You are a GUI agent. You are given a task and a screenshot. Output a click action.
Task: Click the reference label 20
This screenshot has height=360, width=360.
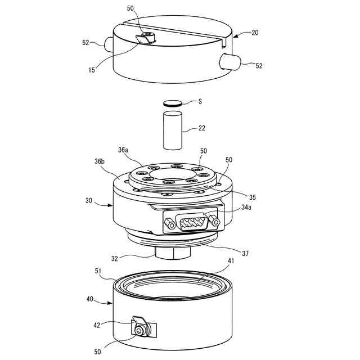click(255, 33)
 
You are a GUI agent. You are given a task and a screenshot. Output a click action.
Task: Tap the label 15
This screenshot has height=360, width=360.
click(92, 70)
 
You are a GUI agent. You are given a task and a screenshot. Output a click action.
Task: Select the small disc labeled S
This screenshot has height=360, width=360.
click(173, 103)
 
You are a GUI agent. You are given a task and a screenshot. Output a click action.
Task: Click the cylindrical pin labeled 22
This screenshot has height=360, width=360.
click(173, 130)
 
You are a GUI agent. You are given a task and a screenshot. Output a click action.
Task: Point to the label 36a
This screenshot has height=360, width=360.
click(123, 150)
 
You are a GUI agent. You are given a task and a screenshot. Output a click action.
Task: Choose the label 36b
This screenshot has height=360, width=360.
click(100, 161)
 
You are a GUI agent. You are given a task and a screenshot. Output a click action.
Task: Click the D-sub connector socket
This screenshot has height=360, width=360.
click(192, 221)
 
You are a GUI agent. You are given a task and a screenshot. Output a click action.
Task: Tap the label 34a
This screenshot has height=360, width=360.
click(246, 208)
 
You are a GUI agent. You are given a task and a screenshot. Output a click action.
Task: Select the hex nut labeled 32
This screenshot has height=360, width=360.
click(173, 253)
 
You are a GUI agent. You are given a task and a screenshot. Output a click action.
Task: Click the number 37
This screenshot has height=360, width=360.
click(245, 254)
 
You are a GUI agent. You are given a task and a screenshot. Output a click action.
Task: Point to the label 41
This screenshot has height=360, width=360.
click(231, 261)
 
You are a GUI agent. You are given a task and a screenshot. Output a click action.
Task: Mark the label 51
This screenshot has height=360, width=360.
click(98, 271)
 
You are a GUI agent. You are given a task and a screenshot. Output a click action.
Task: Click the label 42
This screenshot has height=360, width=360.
click(97, 325)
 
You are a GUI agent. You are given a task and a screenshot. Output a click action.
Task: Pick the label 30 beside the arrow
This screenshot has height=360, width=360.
click(89, 200)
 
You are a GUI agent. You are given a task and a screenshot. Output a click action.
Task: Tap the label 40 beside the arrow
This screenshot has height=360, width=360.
click(90, 299)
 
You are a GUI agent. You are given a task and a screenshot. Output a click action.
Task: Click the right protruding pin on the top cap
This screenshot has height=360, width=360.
click(230, 61)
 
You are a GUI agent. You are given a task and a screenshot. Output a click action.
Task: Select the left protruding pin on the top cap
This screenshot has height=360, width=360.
click(109, 45)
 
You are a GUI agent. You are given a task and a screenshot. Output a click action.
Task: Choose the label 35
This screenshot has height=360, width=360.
click(253, 197)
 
